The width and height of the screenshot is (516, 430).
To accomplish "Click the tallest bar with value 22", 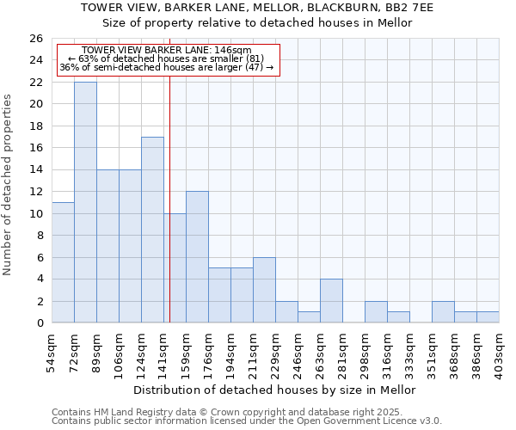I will (85, 202).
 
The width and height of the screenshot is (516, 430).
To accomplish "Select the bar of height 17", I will (152, 230).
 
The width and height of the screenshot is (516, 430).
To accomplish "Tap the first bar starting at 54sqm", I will (63, 262).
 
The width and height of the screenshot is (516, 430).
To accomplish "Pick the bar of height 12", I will (197, 257).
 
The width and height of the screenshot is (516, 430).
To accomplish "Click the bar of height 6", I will (264, 290).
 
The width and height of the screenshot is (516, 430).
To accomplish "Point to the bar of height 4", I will (331, 301).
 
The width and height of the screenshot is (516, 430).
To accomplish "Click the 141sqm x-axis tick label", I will (164, 350).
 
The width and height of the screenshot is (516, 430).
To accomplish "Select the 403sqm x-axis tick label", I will (500, 350).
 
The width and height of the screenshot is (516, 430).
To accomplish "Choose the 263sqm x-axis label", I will (321, 350).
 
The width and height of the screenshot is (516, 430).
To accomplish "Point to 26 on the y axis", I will (35, 39).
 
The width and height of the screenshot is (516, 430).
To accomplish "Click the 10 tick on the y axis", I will (35, 213).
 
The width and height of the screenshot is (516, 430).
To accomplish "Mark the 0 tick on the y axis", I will (39, 323).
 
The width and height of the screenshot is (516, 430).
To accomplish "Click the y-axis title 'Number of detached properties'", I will (8, 186).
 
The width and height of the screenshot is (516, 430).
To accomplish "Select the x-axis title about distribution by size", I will (275, 390).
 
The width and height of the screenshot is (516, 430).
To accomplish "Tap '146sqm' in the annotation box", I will (232, 51).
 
